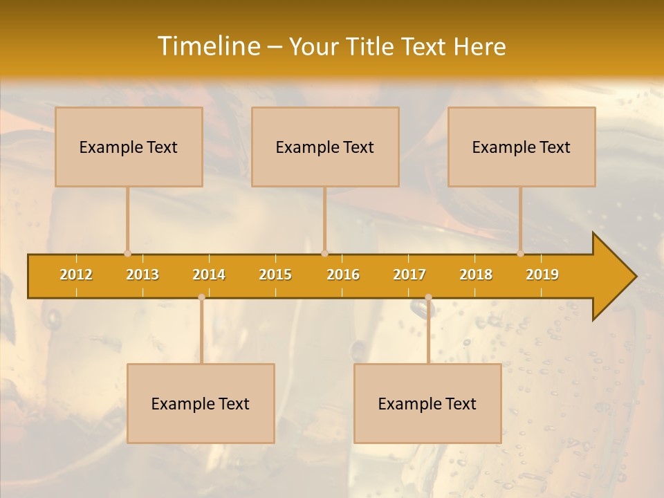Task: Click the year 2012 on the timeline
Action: click(76, 275)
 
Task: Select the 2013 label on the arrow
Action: click(142, 275)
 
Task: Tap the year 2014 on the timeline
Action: click(209, 275)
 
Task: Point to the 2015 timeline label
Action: click(275, 275)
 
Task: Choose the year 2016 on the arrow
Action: click(343, 275)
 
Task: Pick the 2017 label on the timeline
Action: click(409, 275)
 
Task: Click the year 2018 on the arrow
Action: click(476, 275)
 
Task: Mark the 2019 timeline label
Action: click(542, 275)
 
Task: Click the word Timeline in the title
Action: click(208, 46)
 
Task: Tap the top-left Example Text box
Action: click(129, 147)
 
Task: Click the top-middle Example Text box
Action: click(325, 147)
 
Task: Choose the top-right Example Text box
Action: click(522, 147)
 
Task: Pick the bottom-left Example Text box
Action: click(201, 403)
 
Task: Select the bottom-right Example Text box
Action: click(427, 403)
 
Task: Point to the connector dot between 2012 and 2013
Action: click(127, 254)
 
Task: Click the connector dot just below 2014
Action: click(201, 297)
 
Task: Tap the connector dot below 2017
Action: click(428, 297)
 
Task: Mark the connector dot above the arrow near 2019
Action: click(520, 254)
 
